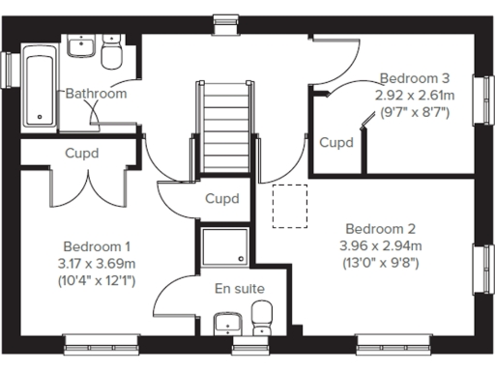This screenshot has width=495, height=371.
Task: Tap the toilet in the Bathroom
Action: [111, 56]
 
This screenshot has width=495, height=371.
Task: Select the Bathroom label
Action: [96, 94]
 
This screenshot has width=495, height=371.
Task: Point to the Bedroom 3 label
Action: [414, 78]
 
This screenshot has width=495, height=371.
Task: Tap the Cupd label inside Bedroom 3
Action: [336, 142]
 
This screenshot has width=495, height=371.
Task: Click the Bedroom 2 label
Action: [380, 229]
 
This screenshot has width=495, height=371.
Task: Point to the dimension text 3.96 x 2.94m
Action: [380, 245]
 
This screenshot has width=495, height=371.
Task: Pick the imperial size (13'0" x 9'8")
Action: [380, 262]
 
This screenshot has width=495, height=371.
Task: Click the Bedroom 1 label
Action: [97, 246]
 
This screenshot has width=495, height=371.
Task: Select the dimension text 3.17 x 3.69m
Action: [97, 263]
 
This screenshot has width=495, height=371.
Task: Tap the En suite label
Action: [239, 288]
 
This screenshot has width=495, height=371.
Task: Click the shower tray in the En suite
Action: [224, 247]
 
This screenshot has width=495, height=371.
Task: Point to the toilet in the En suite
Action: [261, 316]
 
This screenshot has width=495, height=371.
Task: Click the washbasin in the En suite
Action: [226, 323]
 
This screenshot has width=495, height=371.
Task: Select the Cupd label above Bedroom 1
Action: [82, 153]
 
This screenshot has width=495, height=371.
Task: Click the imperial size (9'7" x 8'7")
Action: [414, 111]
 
